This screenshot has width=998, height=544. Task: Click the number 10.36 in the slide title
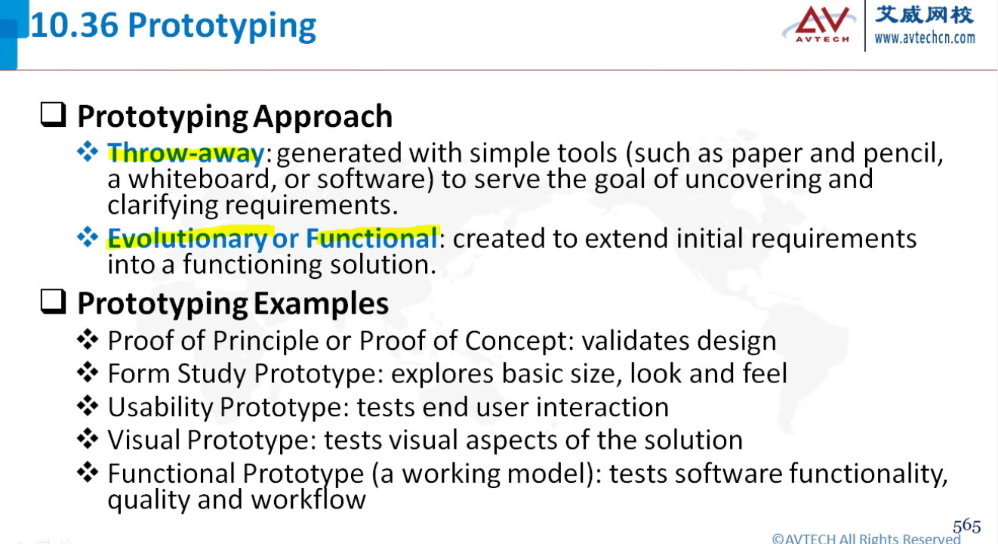(75, 26)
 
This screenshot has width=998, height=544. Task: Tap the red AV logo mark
(822, 20)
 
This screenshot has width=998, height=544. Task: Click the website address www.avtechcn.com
(925, 39)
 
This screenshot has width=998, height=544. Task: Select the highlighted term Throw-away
(186, 153)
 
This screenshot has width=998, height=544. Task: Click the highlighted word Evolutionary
(187, 239)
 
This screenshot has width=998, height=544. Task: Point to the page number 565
(966, 526)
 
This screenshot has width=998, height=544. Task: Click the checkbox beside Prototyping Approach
(53, 115)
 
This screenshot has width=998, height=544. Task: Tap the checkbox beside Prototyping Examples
(53, 302)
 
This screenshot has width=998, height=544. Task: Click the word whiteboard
(199, 179)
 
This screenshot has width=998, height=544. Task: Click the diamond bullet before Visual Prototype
(88, 439)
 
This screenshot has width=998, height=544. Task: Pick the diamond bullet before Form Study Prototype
(88, 372)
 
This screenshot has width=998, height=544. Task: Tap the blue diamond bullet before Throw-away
(88, 152)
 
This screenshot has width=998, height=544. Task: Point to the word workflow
(308, 499)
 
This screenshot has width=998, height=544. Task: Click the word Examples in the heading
(322, 304)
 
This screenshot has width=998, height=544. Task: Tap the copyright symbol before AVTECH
(778, 539)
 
